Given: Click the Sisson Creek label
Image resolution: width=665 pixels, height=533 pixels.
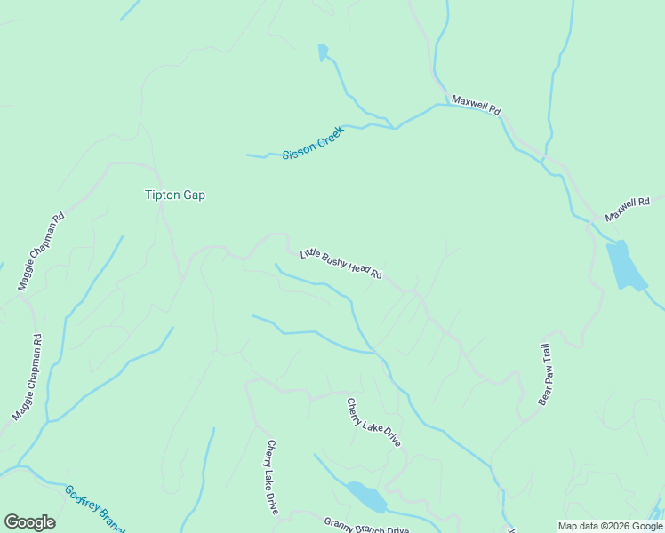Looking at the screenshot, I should (312, 143).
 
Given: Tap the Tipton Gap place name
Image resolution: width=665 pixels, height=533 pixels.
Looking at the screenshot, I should (175, 195).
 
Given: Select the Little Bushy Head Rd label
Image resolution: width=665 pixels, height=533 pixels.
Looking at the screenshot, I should (341, 263).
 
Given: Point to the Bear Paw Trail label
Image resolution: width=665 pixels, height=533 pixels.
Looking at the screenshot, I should (545, 374).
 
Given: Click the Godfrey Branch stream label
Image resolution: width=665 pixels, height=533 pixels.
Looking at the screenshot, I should (95, 507).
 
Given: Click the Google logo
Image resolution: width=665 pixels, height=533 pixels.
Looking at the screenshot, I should (29, 522).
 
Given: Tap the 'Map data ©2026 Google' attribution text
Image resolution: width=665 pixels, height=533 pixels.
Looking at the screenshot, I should (610, 526).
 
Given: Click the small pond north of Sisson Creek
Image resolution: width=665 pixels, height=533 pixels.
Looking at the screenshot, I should (323, 52).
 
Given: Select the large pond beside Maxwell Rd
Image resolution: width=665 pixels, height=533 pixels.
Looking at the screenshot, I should (627, 266).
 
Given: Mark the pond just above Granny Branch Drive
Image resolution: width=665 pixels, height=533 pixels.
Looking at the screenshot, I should (367, 497).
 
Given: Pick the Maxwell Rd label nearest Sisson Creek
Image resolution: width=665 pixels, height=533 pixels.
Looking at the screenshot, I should (476, 104).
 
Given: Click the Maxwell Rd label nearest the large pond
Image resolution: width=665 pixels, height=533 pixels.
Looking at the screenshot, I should (628, 210).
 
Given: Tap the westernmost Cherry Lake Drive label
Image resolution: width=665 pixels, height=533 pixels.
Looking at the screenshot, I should (272, 477).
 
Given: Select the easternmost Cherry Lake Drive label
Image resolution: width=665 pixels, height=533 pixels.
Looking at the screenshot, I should (373, 422).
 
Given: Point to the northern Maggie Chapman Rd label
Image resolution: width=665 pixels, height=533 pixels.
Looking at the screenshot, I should (41, 252).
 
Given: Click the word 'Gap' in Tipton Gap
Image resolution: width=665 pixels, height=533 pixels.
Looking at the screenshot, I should (195, 195).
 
